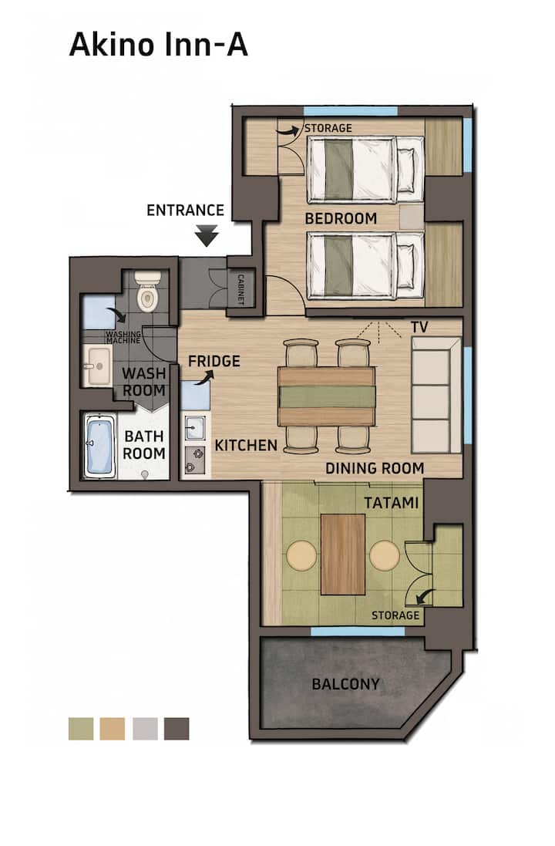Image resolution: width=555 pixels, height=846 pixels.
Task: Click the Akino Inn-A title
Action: [159, 45]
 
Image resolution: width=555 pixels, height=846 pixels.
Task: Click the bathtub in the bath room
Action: [99, 447]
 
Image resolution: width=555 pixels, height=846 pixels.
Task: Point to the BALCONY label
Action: [346, 684]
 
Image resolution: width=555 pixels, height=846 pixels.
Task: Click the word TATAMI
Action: [391, 503]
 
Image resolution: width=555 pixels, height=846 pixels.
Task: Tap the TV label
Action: [419, 327]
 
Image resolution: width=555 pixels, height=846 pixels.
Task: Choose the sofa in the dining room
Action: [436, 395]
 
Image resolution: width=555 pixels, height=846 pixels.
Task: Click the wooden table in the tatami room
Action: [343, 554]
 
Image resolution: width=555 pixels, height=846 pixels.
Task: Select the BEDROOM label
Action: [341, 218]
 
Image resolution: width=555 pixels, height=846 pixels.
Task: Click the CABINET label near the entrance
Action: [240, 289]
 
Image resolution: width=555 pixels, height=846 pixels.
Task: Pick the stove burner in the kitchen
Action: [195, 460]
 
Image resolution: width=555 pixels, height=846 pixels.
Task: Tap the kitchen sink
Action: [194, 427]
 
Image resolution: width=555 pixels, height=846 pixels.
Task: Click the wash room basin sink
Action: [98, 366]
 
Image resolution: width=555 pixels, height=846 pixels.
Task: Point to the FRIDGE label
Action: [214, 361]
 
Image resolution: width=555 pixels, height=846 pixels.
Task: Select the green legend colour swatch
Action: [81, 728]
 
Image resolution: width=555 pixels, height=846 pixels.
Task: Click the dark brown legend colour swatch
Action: [177, 728]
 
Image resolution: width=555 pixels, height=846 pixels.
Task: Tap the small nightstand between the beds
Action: [412, 217]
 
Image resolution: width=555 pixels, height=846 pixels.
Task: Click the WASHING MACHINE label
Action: [123, 337]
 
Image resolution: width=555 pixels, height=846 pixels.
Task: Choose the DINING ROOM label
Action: [375, 468]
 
